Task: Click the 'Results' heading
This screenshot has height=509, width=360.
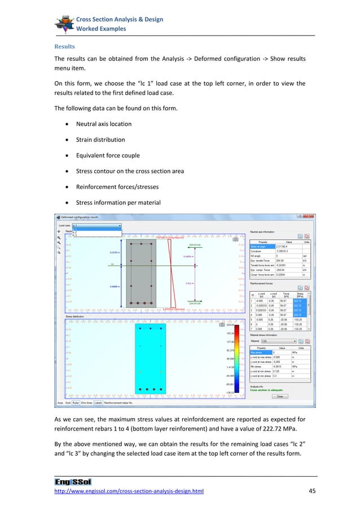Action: pos(64,46)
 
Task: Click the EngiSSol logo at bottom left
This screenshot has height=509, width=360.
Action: pos(69,481)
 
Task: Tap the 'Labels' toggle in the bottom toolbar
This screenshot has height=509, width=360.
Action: pos(98,403)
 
